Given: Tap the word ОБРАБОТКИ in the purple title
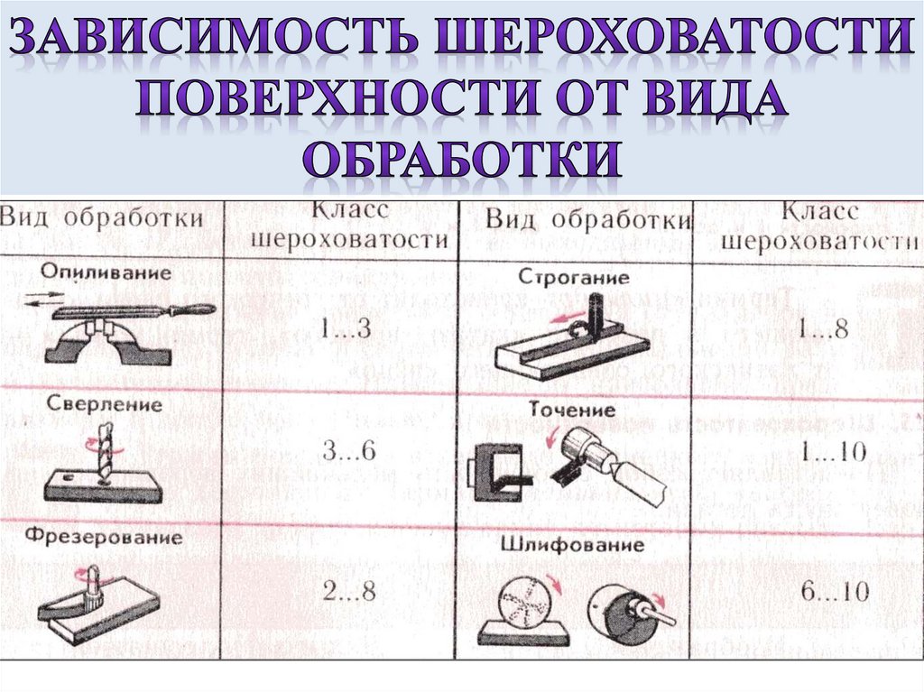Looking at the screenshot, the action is [463, 158].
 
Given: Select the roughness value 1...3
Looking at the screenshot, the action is [346, 328].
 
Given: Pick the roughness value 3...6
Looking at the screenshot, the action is [349, 451].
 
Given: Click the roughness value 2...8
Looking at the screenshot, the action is [349, 591].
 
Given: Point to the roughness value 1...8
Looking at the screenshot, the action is [823, 328].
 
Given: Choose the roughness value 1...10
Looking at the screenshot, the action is [833, 451].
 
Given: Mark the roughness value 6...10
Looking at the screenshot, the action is [835, 591].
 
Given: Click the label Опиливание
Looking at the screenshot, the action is [106, 272].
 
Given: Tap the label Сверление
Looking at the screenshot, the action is [104, 404].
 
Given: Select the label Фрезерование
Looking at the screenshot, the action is [104, 537].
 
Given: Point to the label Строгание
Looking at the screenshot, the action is [574, 276].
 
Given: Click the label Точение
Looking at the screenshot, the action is [571, 409].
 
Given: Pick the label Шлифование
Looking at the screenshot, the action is [572, 543].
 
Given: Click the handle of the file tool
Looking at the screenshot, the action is [191, 309].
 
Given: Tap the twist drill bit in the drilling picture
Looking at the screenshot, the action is [105, 453].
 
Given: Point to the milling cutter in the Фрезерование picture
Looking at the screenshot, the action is [93, 586].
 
